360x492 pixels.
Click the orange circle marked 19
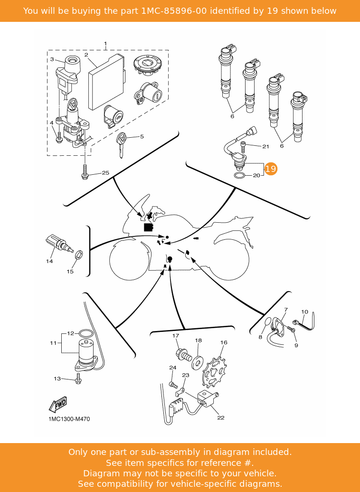tap(271, 169)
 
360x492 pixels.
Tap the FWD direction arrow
tap(58, 405)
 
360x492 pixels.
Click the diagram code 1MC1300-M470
tap(69, 419)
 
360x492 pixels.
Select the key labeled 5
tap(121, 145)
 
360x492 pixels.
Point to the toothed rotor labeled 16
tap(214, 372)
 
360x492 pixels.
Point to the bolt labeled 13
tap(78, 378)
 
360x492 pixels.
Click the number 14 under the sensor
tap(49, 261)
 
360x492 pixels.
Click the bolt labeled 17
tap(184, 356)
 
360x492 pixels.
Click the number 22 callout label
tap(221, 417)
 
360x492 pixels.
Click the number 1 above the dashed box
tap(105, 44)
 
